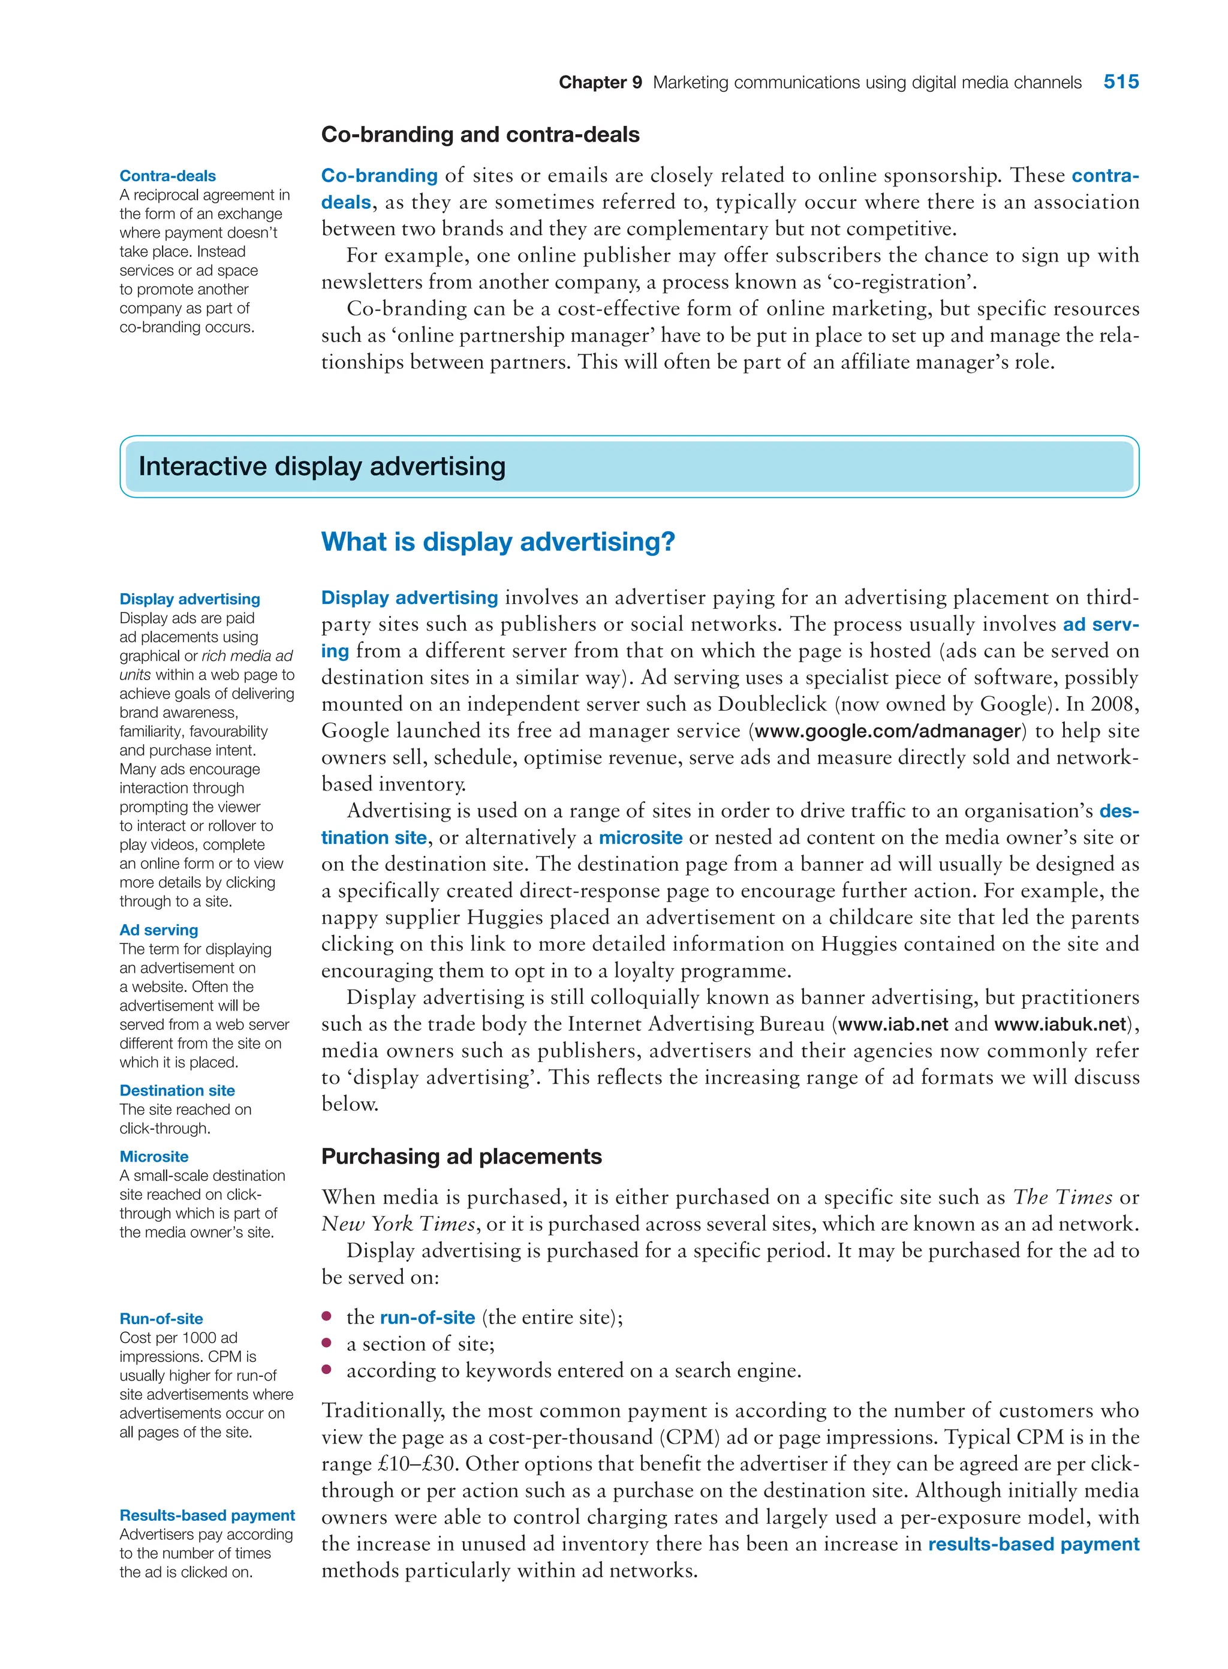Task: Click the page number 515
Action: click(x=1120, y=82)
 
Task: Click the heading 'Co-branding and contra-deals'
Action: click(x=480, y=134)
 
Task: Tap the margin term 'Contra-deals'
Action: click(x=167, y=176)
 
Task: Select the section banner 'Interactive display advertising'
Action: click(x=322, y=466)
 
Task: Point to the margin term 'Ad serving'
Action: click(x=158, y=930)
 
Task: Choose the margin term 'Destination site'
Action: click(x=177, y=1091)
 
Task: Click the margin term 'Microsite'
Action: click(x=154, y=1157)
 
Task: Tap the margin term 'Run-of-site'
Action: click(x=161, y=1319)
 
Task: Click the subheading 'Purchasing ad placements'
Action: click(x=461, y=1157)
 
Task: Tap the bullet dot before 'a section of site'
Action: click(x=326, y=1343)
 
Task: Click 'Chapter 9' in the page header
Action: click(x=600, y=83)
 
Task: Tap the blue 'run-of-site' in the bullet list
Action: click(x=428, y=1318)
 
